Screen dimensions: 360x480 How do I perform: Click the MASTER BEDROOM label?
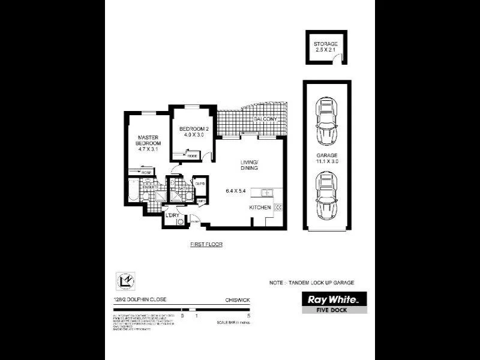click(x=148, y=140)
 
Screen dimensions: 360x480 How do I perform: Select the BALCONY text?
click(x=265, y=119)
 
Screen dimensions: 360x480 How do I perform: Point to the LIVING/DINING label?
click(x=248, y=165)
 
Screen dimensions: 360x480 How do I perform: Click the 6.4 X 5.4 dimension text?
click(x=236, y=191)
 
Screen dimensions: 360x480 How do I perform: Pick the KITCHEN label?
click(x=261, y=207)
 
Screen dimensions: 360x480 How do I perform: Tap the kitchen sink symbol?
click(x=266, y=193)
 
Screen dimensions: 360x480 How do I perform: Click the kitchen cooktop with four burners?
click(x=278, y=207)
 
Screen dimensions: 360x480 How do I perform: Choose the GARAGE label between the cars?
click(x=327, y=158)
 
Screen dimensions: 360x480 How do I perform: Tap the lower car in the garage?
click(x=327, y=196)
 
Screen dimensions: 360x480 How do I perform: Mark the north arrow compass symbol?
click(x=122, y=281)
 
